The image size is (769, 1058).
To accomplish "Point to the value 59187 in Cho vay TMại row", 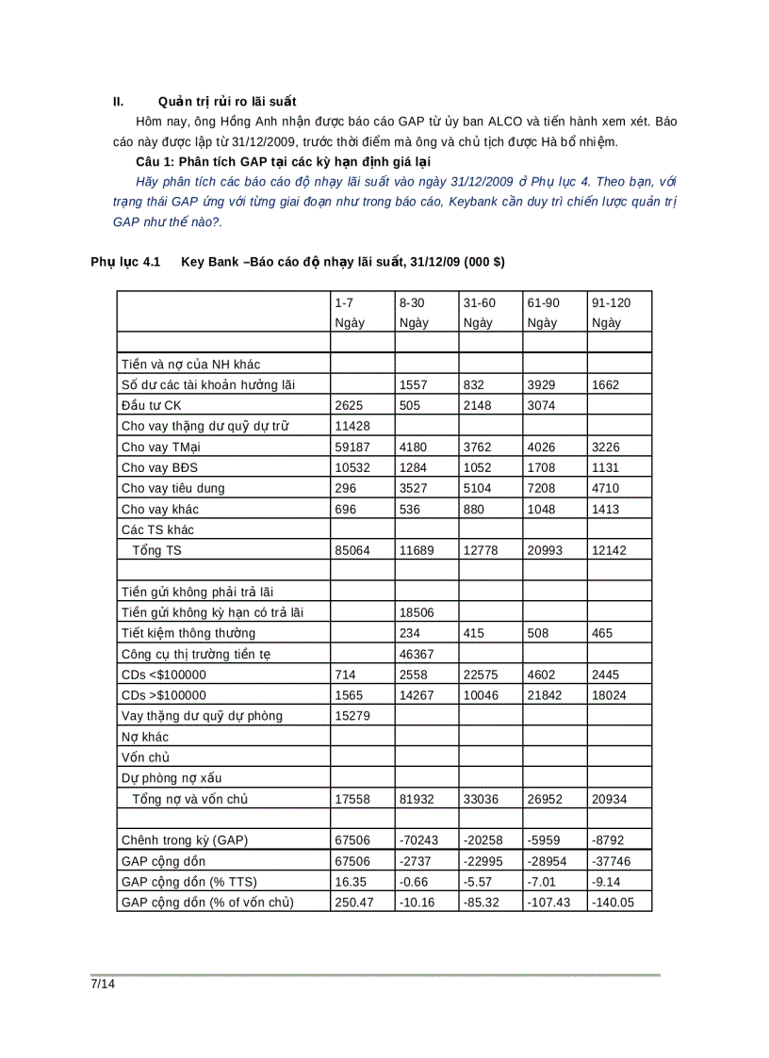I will tap(352, 447).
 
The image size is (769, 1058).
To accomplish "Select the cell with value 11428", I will tap(352, 426).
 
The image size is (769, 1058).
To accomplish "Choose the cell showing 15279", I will tap(352, 716).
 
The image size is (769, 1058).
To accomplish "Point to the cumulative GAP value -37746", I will tap(611, 861).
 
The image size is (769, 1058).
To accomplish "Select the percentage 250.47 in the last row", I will tap(353, 903).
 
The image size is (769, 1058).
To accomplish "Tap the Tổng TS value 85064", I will tap(352, 550).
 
